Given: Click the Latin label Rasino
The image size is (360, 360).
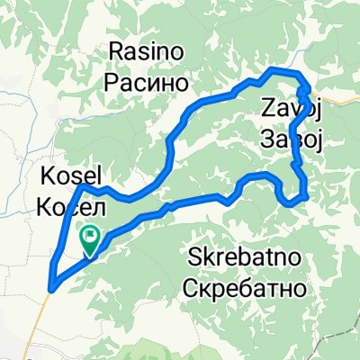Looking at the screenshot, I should [x=148, y=50].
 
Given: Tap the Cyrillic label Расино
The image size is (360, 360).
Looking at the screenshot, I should [x=148, y=81].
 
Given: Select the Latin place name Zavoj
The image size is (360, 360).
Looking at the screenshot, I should [x=292, y=110].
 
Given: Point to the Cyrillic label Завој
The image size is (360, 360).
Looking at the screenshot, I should [x=292, y=139].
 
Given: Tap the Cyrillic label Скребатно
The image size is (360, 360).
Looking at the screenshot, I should [x=246, y=289].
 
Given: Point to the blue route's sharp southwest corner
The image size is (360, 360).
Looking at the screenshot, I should [x=52, y=286].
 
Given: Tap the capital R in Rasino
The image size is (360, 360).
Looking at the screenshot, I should [x=115, y=50].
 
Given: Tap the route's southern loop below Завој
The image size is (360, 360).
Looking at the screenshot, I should [x=295, y=200].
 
